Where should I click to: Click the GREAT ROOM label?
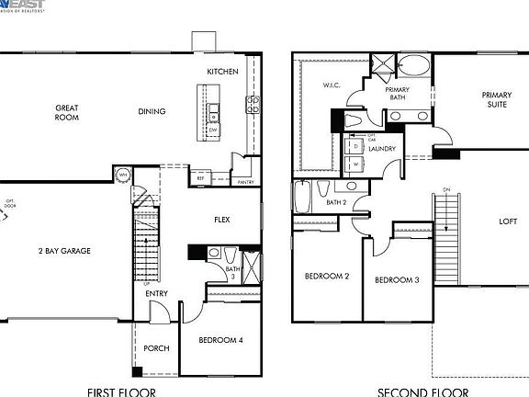pos(66,113)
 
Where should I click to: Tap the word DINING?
pos(152,112)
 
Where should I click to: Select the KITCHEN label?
pos(222,72)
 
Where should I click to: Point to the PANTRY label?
pos(245,182)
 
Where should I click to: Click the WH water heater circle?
pos(121,175)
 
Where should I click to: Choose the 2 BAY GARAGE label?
pos(63,250)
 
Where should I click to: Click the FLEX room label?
pos(222,220)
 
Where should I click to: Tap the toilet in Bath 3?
pos(213,253)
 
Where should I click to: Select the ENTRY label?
pos(156,294)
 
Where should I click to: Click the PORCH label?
pos(156,349)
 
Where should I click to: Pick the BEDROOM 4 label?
pos(221,340)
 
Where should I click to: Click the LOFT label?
pos(508,221)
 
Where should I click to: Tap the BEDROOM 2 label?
pos(327,276)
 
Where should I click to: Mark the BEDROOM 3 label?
pos(397,278)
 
